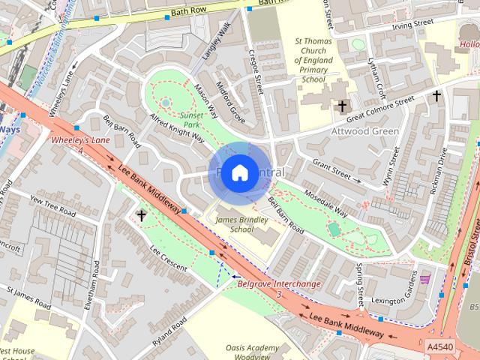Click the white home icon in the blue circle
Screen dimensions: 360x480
(x=238, y=172)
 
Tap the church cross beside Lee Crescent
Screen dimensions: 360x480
(x=142, y=216)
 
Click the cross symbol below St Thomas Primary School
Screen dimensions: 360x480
(x=343, y=106)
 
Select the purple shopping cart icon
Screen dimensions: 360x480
(x=425, y=279)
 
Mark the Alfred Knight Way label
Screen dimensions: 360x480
(x=178, y=127)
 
